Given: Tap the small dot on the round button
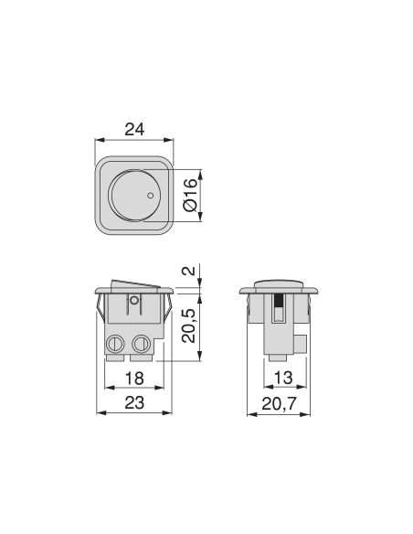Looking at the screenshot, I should coord(150,195).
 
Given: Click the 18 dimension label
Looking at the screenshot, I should coord(133,377).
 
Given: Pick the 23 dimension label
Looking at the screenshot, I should coord(133,401).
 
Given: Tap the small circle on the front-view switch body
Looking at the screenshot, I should coord(134,299).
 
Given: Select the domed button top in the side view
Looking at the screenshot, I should coord(280,282).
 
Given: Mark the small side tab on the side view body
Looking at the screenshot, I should coord(302,344).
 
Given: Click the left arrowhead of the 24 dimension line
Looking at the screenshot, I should coord(100,141).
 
